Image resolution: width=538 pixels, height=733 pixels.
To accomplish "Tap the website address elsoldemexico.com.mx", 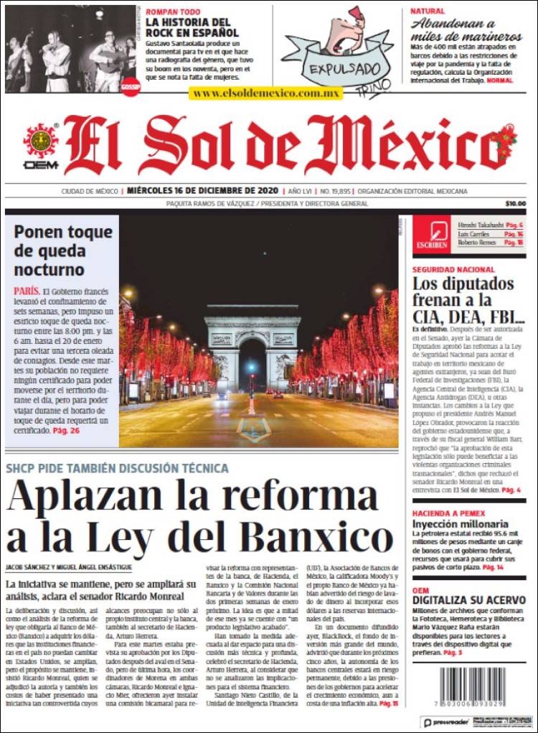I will pyautogui.click(x=266, y=93).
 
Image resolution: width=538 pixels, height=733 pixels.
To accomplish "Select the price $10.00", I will pyautogui.click(x=515, y=203).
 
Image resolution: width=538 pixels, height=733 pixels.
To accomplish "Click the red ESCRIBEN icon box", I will pyautogui.click(x=432, y=234).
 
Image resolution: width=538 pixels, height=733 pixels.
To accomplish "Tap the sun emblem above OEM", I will pyautogui.click(x=41, y=141).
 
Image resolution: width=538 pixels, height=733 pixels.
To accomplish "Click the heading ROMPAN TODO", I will pyautogui.click(x=172, y=11).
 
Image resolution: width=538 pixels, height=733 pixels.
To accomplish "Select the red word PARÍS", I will pyautogui.click(x=27, y=291).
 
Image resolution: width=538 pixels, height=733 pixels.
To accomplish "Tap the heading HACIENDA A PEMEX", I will pyautogui.click(x=448, y=514).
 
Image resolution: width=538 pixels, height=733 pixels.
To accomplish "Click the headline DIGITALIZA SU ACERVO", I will pyautogui.click(x=468, y=599).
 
